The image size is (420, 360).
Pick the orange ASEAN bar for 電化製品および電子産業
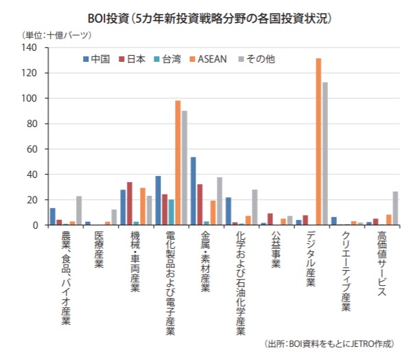point(178,163)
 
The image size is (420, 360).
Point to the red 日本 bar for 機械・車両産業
point(130,203)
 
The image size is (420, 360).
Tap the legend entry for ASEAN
point(205,59)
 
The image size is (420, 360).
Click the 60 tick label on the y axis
point(30,149)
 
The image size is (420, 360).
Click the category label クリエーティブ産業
point(345,271)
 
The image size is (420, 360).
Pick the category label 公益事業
point(275,251)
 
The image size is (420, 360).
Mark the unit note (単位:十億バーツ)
point(52,34)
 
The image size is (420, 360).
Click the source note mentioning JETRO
point(334,344)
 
